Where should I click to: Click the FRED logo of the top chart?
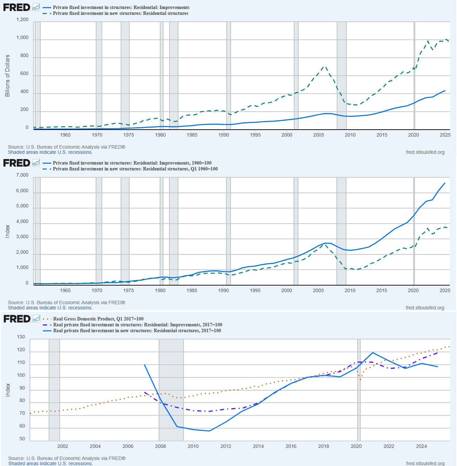[17, 7]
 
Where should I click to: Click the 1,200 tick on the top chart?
[23, 20]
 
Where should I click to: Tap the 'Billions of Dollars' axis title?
[7, 76]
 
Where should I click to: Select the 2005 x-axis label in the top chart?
[319, 135]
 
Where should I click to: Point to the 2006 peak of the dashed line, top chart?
[324, 67]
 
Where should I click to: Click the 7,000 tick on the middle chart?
[23, 175]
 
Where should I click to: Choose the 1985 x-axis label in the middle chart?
[192, 290]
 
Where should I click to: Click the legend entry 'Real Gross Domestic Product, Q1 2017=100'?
[98, 319]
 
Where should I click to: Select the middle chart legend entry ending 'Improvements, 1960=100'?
[132, 163]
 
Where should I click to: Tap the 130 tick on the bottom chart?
[21, 337]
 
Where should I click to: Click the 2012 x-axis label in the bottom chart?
[226, 446]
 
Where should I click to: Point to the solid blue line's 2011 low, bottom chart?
[209, 431]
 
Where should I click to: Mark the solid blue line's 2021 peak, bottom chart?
[373, 353]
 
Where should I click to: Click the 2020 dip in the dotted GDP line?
[360, 380]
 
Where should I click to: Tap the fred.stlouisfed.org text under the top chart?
[425, 152]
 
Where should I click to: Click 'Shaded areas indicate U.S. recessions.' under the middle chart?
[50, 308]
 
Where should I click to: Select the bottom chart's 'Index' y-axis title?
[8, 390]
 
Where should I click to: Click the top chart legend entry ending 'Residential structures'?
[120, 13]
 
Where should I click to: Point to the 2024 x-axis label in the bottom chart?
[421, 446]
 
